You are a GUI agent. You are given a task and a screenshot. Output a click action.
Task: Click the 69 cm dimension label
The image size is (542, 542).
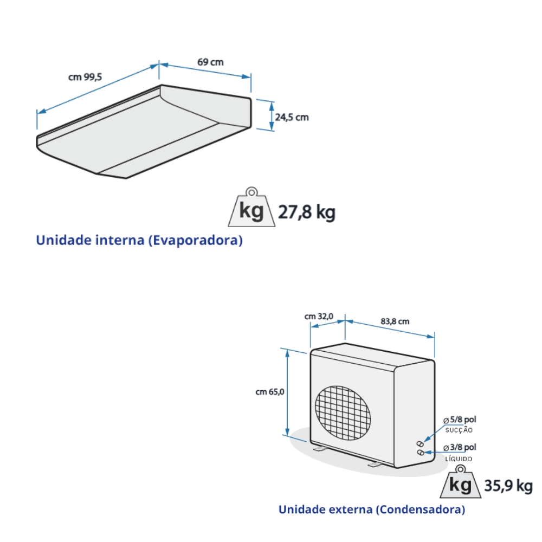pyautogui.click(x=210, y=62)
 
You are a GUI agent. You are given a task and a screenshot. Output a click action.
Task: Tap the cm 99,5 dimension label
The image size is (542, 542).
pyautogui.click(x=85, y=77)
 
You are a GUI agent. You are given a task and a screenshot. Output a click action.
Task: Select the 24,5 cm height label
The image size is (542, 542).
pyautogui.click(x=292, y=117)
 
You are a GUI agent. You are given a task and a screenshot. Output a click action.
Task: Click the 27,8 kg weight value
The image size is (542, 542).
pyautogui.click(x=306, y=212)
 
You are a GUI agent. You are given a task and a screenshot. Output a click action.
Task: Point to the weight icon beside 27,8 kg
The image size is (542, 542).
pyautogui.click(x=251, y=209)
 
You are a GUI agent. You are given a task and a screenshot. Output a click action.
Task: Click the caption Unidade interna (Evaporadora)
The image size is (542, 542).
pyautogui.click(x=139, y=241)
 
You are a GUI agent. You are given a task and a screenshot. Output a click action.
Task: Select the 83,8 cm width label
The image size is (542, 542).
pyautogui.click(x=395, y=321)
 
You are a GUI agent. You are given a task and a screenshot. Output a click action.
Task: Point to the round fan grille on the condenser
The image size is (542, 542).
pyautogui.click(x=344, y=410)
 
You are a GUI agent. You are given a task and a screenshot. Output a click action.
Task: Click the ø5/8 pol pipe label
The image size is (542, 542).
pyautogui.click(x=460, y=420)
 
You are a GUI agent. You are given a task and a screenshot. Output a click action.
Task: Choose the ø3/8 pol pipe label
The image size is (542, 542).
pyautogui.click(x=460, y=448)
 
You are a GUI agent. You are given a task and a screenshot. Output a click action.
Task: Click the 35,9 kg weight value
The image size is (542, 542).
pyautogui.click(x=508, y=486)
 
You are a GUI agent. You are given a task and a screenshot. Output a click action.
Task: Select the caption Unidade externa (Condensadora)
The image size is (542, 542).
pyautogui.click(x=372, y=510)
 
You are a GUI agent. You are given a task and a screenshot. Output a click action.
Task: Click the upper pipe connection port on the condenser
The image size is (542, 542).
pyautogui.click(x=420, y=443)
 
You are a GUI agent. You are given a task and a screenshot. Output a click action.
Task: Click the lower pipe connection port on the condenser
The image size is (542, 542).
pyautogui.click(x=420, y=451)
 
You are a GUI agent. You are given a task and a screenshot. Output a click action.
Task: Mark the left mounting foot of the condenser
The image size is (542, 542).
pyautogui.click(x=318, y=449)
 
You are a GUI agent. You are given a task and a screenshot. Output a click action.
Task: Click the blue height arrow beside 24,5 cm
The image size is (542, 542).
pyautogui.click(x=272, y=115)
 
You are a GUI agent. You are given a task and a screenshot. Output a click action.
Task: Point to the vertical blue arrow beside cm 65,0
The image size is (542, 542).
pyautogui.click(x=287, y=392)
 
